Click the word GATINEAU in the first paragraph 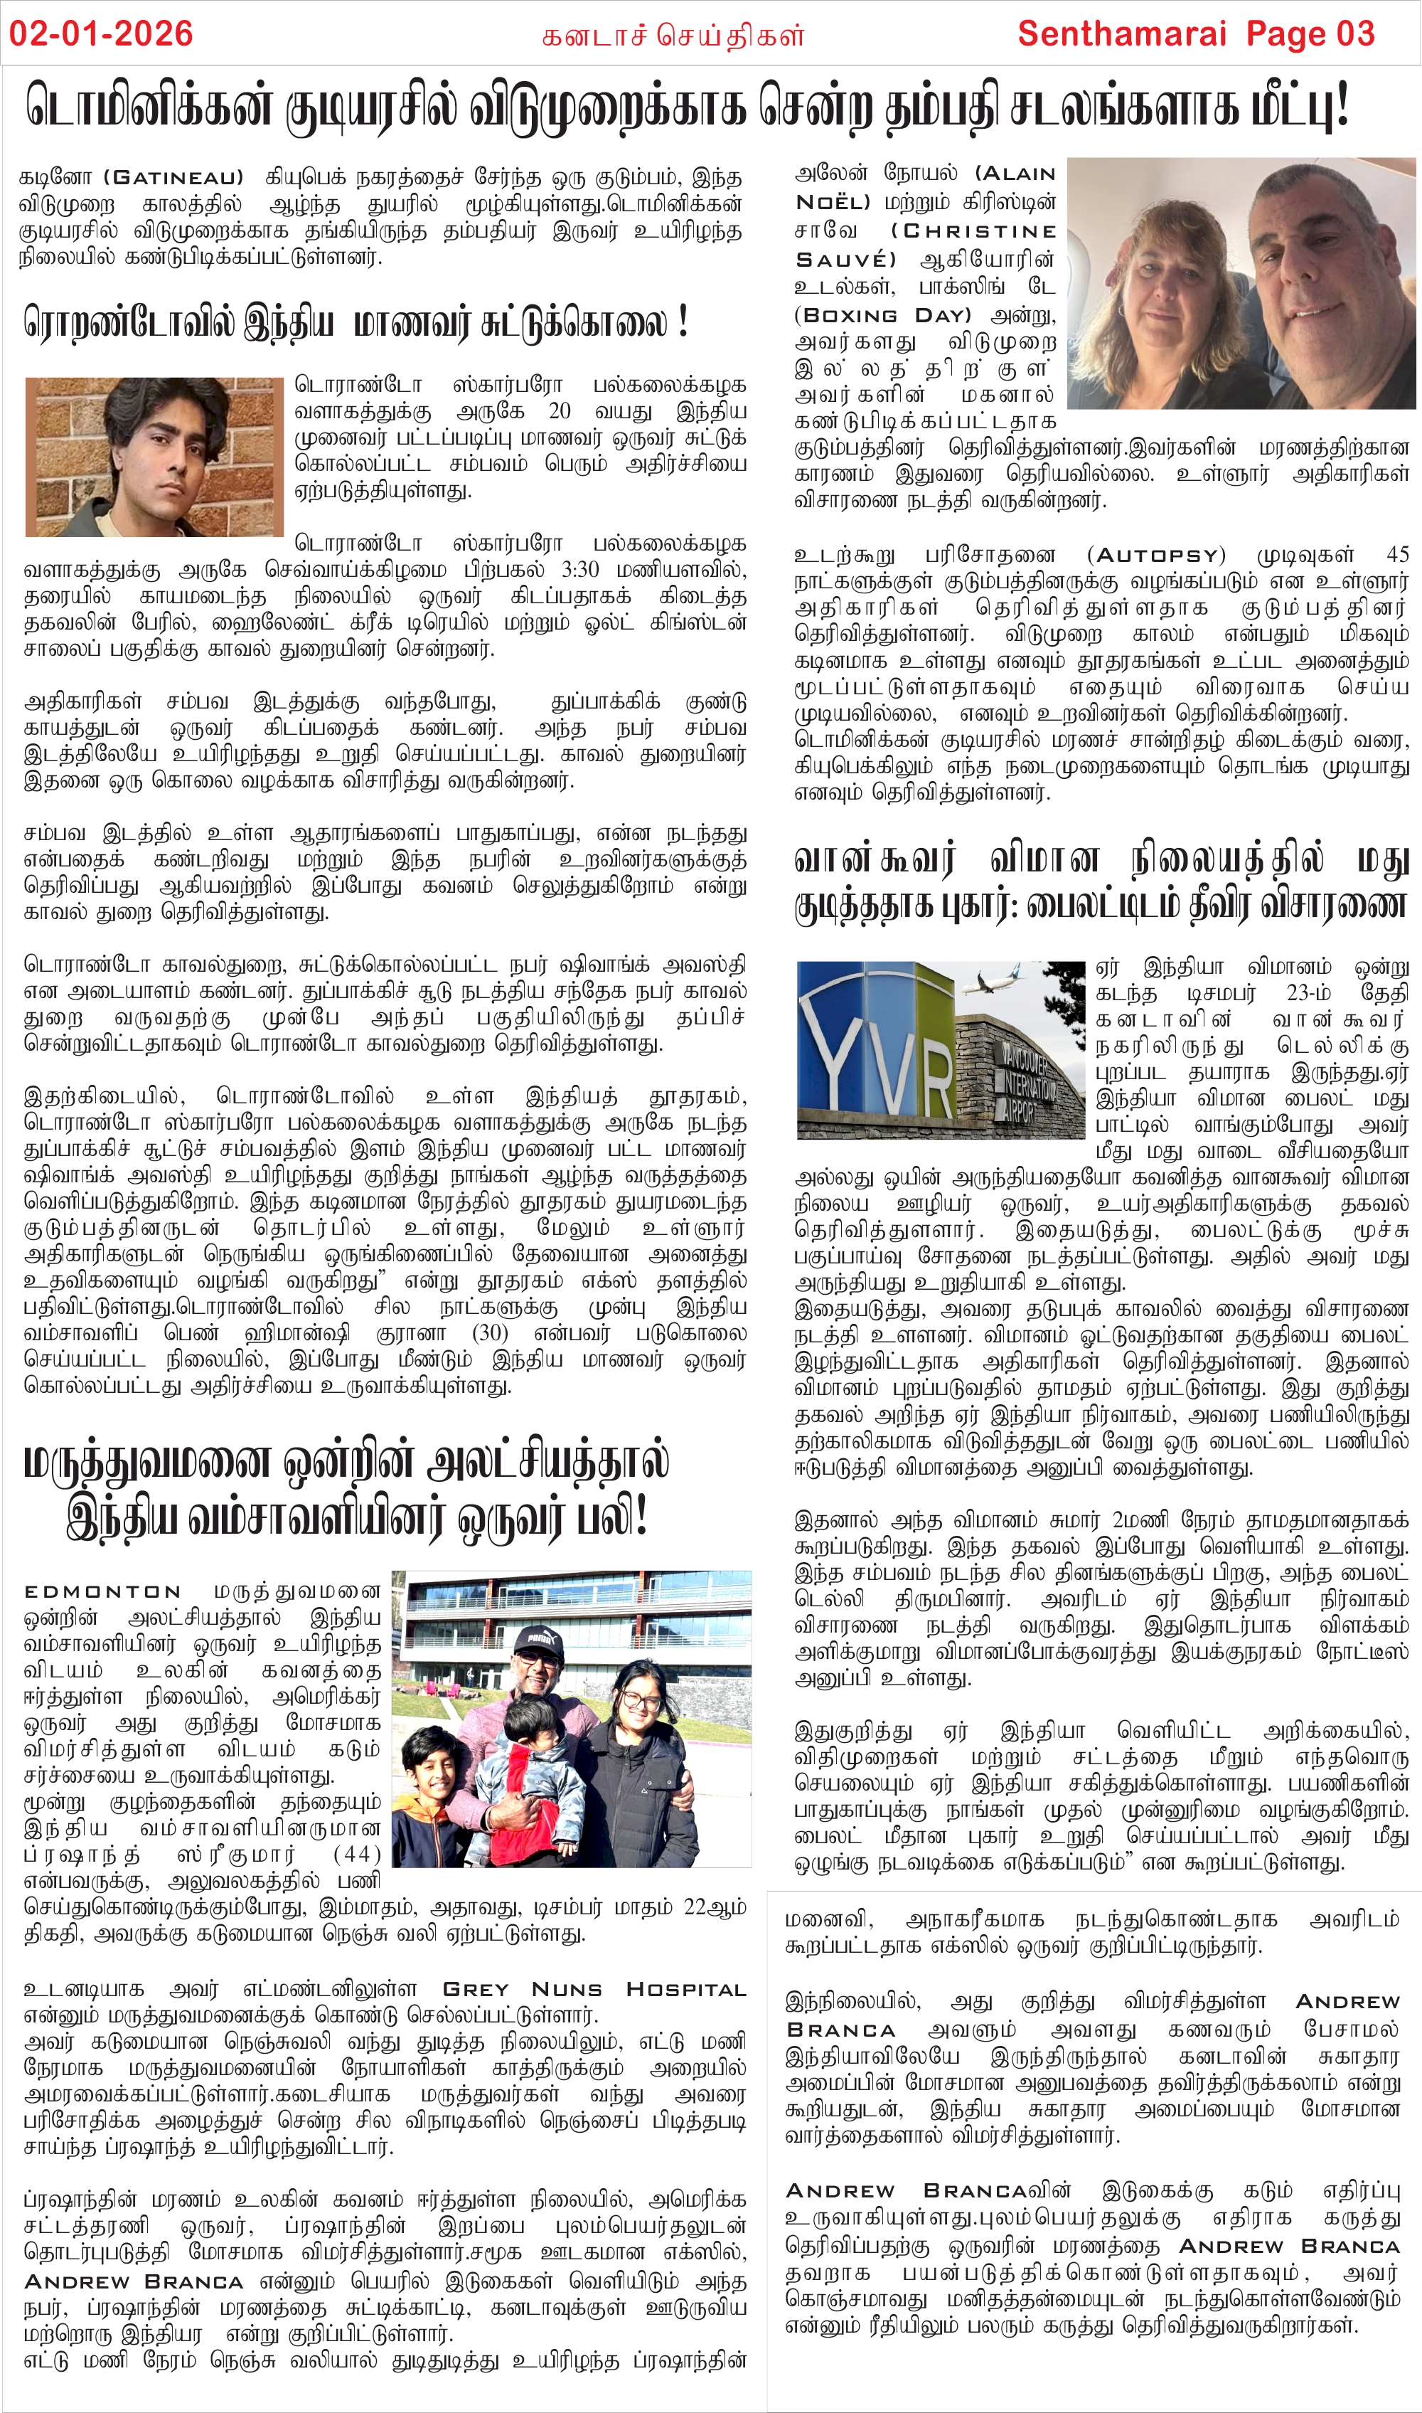click(173, 177)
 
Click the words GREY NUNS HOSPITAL click(594, 1989)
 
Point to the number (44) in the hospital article click(358, 1855)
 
